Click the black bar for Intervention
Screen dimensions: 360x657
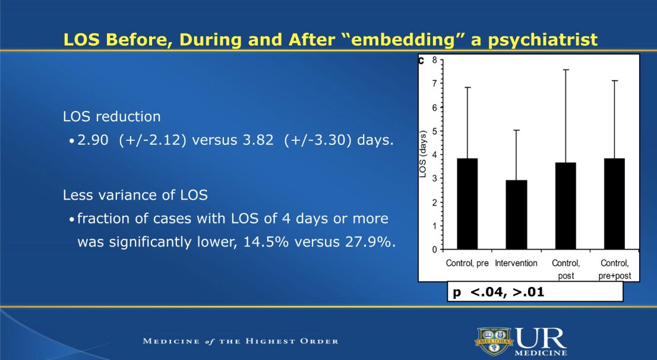tap(516, 214)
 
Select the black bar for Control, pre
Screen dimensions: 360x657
tap(468, 204)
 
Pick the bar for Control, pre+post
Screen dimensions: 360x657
tap(615, 204)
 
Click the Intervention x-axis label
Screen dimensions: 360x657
tap(516, 263)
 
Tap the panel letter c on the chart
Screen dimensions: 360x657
tap(422, 60)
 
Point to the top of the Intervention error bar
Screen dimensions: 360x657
tap(516, 130)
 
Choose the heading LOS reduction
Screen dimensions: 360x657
tap(112, 117)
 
